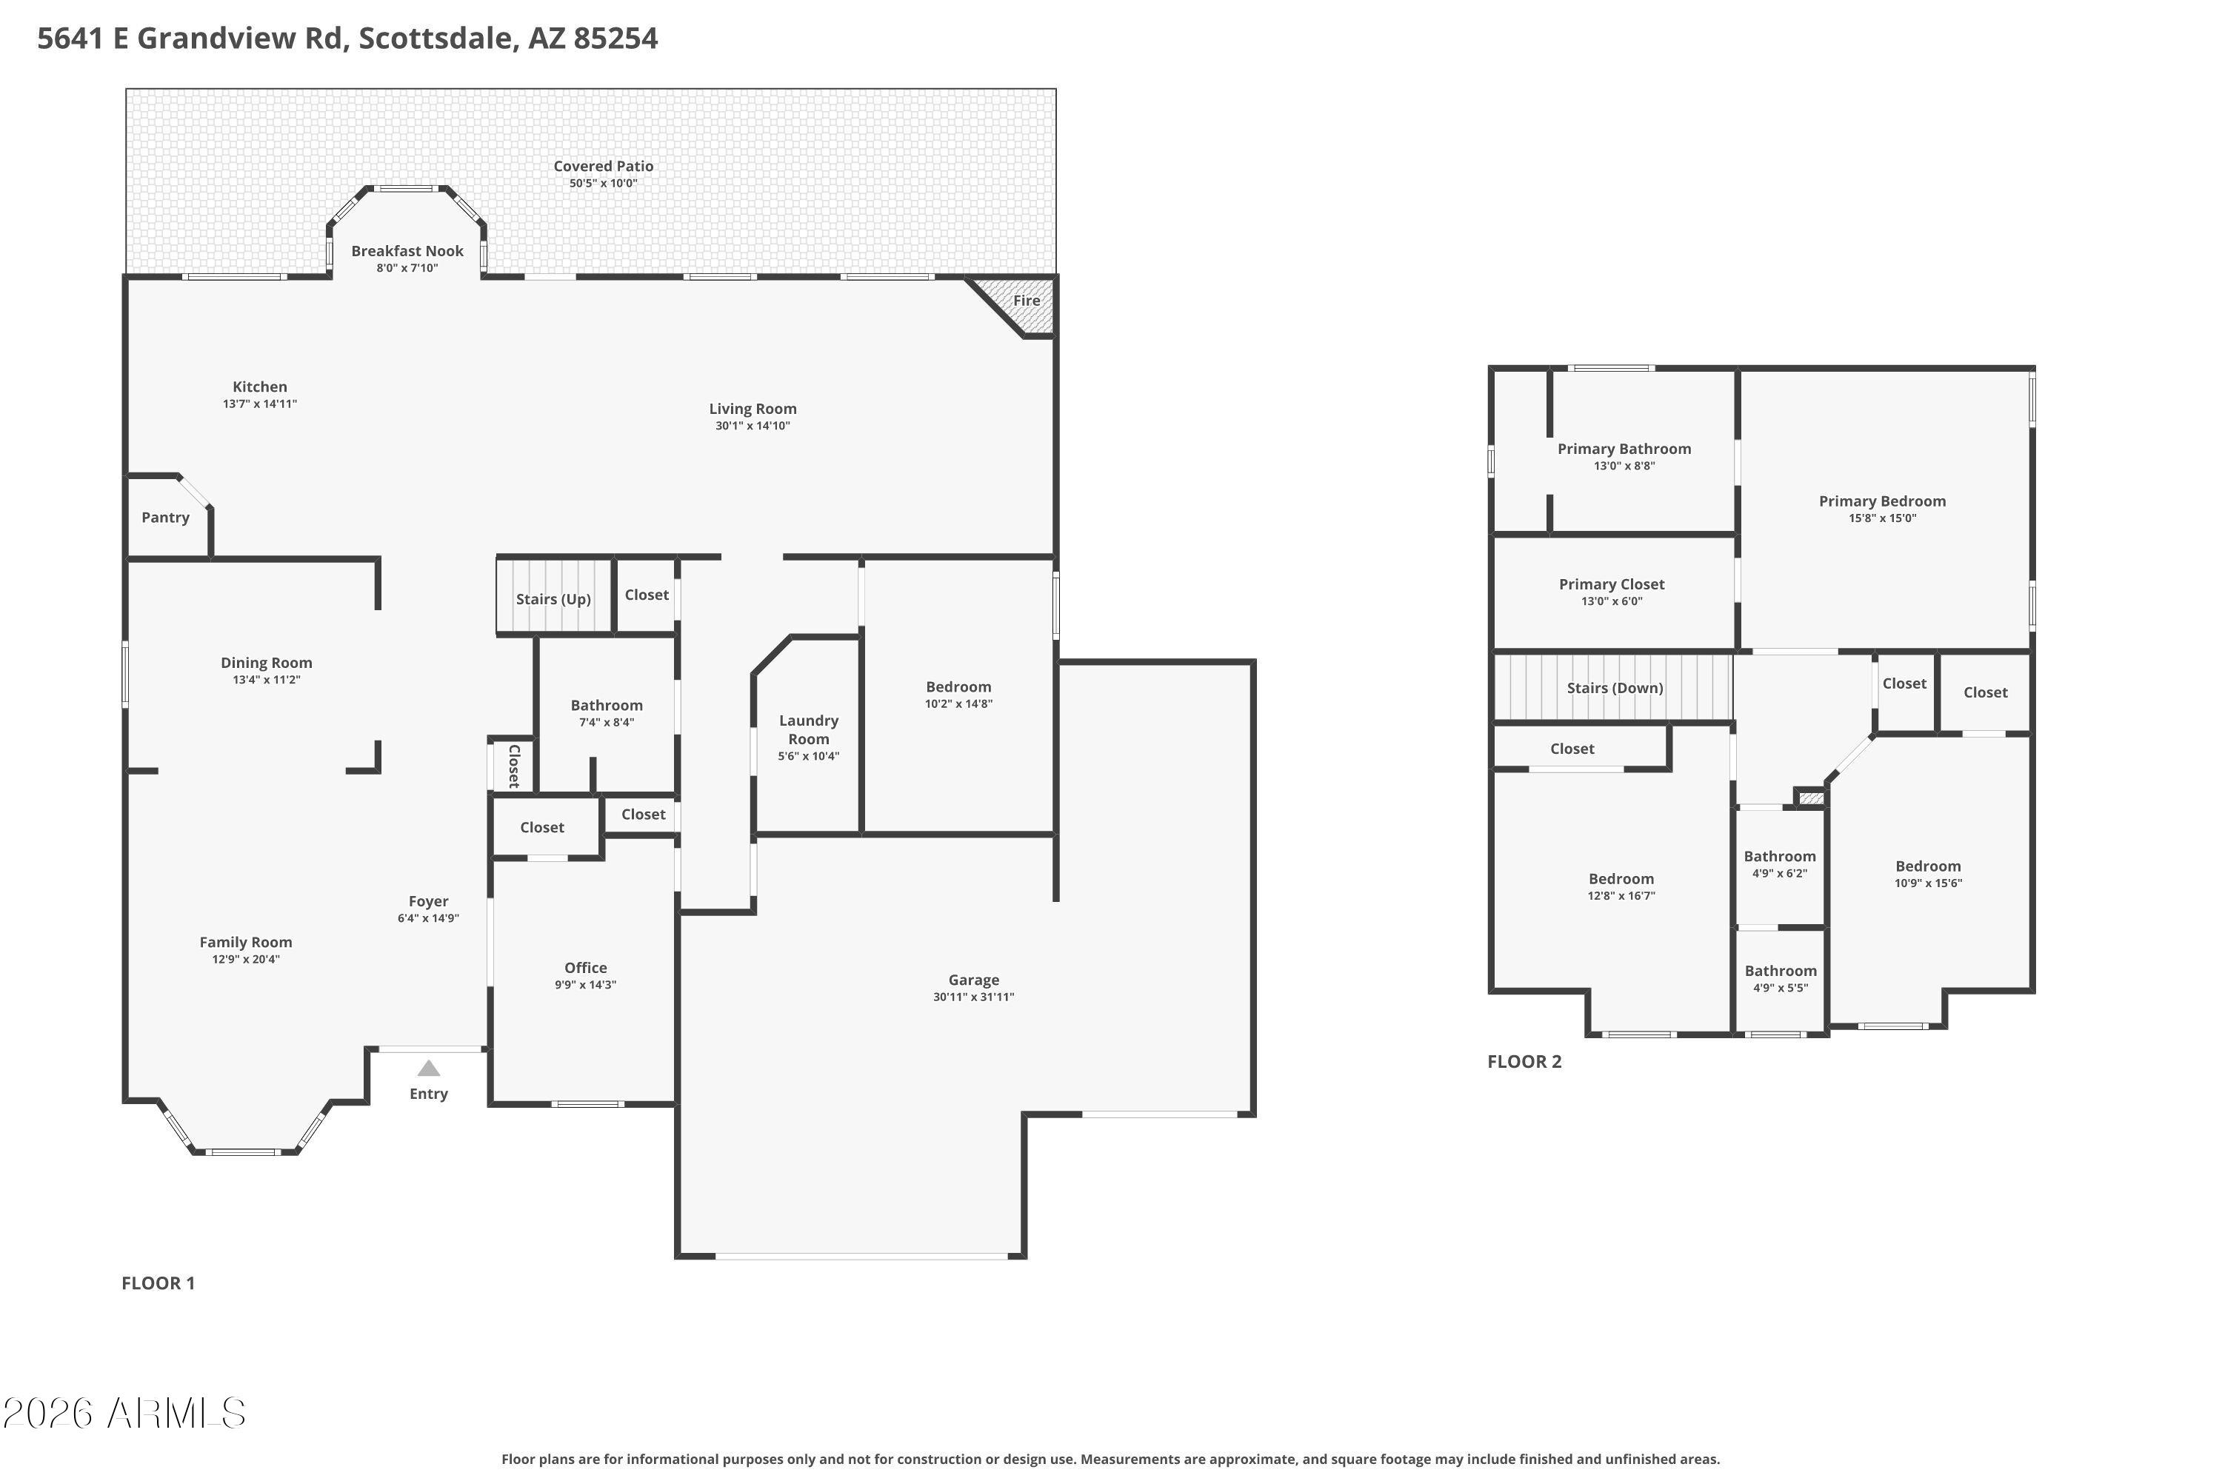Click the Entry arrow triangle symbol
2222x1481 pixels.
coord(428,1069)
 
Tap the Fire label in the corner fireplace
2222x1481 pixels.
coord(1026,301)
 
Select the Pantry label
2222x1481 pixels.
coord(165,518)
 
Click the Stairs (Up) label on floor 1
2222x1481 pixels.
coord(553,599)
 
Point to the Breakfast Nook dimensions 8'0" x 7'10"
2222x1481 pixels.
coord(407,268)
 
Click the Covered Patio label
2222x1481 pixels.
coord(603,166)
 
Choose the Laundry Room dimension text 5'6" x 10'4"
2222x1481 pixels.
coord(808,757)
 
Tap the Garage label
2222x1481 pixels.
coord(973,980)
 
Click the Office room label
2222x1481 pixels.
coord(585,968)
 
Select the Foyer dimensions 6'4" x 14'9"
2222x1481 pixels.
coord(428,918)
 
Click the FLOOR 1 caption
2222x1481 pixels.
coord(158,1283)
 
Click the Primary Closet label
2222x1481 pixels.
coord(1611,585)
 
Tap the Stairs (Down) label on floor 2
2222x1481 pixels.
coord(1615,688)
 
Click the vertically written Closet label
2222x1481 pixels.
coord(514,766)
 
